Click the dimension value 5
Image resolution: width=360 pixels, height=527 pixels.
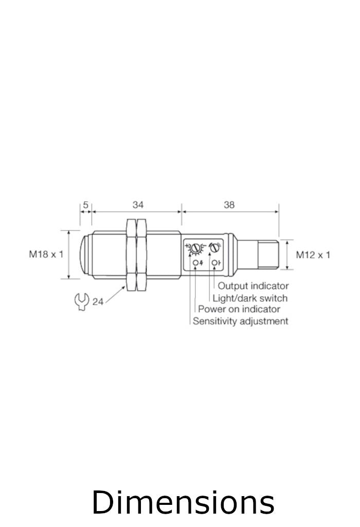[86, 205]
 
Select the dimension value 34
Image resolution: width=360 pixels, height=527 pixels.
[138, 205]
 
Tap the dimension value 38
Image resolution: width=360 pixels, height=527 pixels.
[229, 205]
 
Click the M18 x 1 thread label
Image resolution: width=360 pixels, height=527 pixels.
[46, 254]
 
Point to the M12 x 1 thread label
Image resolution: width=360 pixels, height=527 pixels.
[313, 254]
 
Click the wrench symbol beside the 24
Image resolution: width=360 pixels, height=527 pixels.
[82, 301]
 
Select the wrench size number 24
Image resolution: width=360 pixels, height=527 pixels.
[98, 302]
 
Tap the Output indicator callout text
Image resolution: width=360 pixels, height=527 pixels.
[253, 286]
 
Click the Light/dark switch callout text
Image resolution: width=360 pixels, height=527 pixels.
[250, 298]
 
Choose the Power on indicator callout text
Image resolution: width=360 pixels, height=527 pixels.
[239, 309]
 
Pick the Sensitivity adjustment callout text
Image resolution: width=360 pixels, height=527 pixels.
[240, 321]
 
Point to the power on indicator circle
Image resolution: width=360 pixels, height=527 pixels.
[195, 263]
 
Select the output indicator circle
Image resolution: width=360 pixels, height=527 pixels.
[213, 263]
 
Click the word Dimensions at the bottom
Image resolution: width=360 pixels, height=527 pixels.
[183, 502]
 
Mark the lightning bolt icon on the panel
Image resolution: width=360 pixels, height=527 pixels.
[201, 263]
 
